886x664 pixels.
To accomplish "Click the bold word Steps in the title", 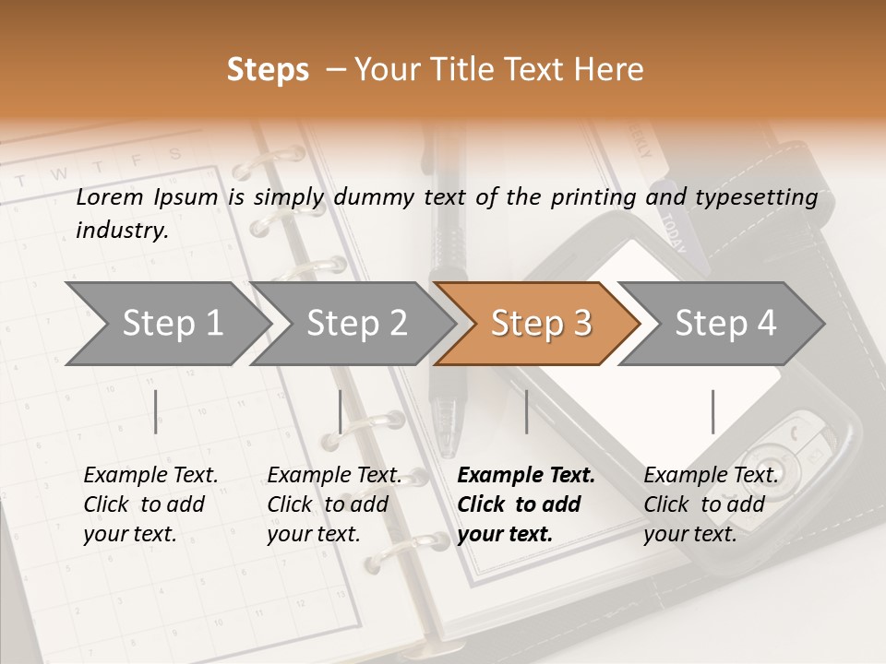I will pos(268,70).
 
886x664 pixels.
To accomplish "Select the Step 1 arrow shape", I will pos(166,324).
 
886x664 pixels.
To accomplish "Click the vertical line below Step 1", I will pos(156,411).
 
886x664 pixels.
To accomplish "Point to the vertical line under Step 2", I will pos(341,411).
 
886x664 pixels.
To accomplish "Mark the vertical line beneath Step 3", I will pos(526,411).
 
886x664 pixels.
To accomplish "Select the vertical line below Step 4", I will pos(712,411).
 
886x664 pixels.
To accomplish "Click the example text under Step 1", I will pos(150,504).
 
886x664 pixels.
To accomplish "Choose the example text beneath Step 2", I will pos(334,504).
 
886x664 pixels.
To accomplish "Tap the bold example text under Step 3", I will pos(526,504).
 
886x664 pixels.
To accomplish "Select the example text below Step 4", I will pos(711,504).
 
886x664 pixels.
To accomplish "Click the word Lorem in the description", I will pos(110,197).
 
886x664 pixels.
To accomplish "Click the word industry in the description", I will pos(122,230).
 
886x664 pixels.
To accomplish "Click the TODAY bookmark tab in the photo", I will pos(673,234).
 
